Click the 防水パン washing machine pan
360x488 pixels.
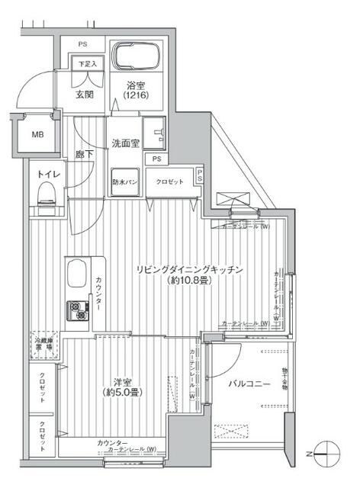[124, 181]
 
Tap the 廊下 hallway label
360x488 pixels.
[84, 153]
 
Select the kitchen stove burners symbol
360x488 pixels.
[79, 310]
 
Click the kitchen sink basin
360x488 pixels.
[79, 273]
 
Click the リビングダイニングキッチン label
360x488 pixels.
[190, 270]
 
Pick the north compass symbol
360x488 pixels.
[326, 451]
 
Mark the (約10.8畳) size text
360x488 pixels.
[190, 281]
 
